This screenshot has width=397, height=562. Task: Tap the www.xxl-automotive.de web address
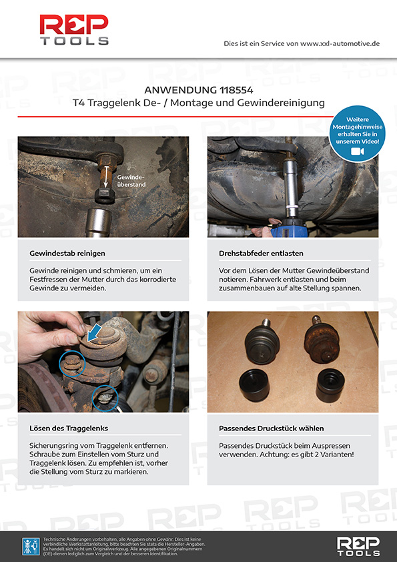[x=340, y=43]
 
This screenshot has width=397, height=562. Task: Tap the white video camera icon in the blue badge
[x=356, y=152]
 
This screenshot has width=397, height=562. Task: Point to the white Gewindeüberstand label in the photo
[x=131, y=180]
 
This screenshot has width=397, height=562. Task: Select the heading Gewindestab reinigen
[x=67, y=254]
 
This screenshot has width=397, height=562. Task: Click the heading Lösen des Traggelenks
[x=69, y=427]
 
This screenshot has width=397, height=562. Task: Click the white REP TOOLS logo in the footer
[x=358, y=545]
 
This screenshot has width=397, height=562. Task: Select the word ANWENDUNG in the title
[x=175, y=90]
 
